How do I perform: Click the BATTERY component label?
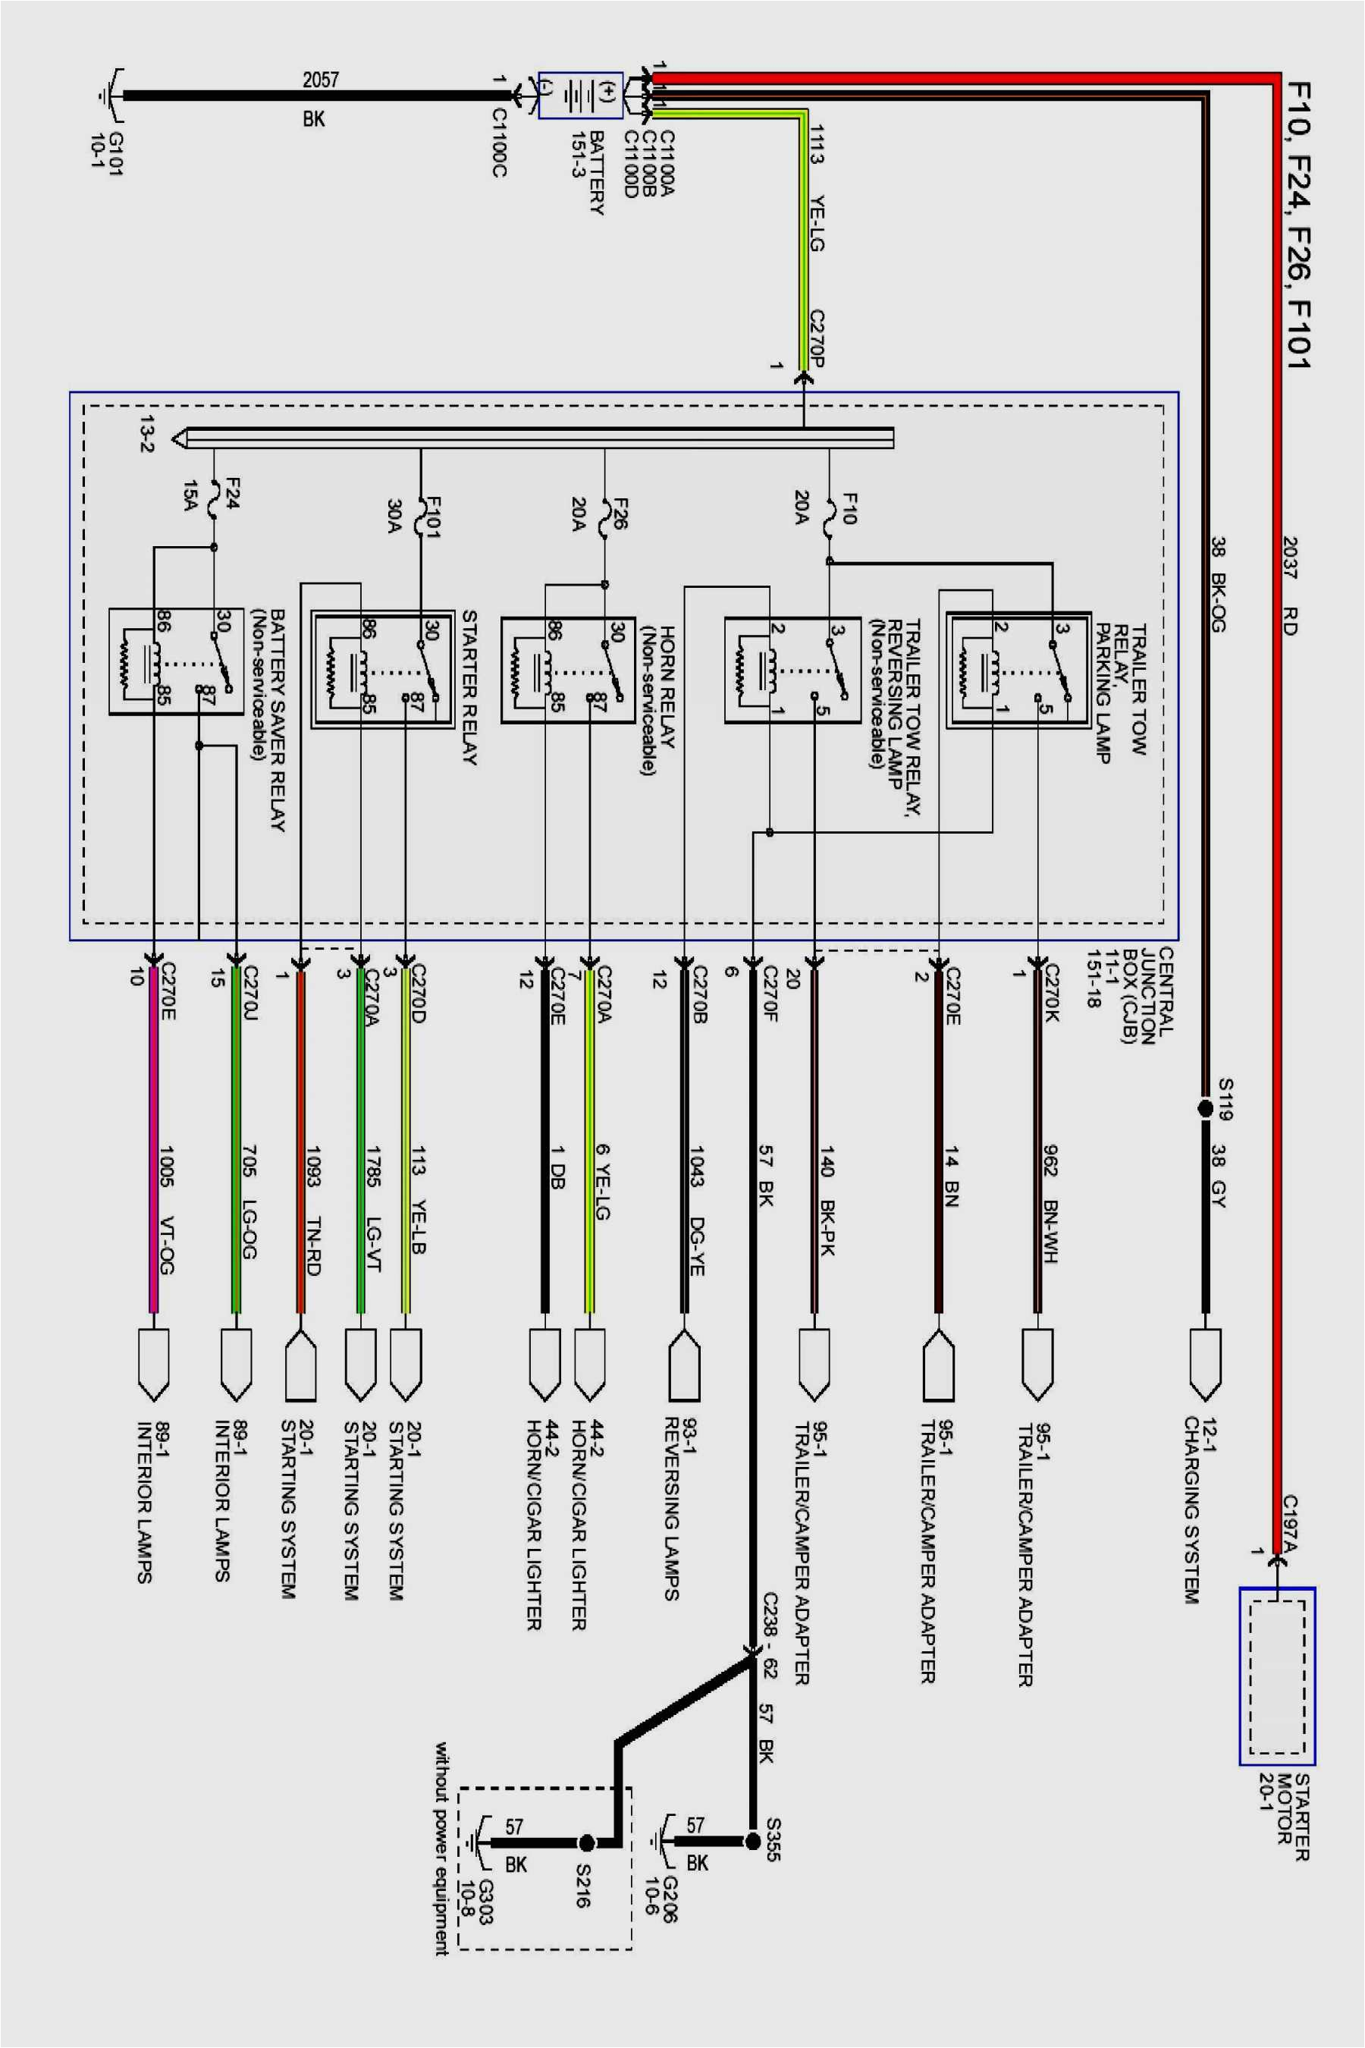coord(598,173)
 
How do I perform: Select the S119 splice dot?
coord(1205,1108)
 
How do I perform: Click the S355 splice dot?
coord(753,1841)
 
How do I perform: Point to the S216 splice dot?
coord(587,1842)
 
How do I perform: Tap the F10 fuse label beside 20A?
coord(849,508)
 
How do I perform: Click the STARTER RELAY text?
coord(469,687)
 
